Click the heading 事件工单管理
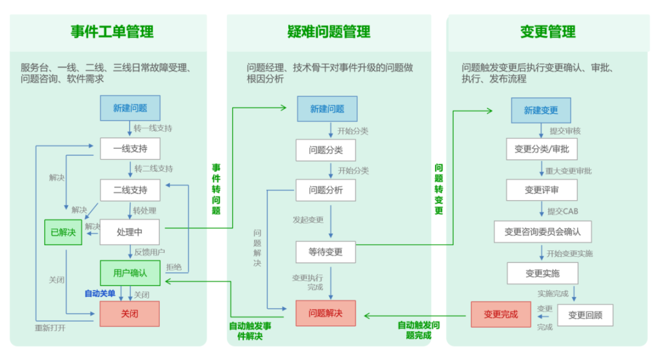(112, 31)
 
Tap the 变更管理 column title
(547, 31)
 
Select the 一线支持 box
(130, 149)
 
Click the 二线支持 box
(130, 191)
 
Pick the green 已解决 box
(63, 232)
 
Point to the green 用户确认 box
(130, 273)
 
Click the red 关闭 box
(130, 314)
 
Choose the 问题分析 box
(325, 191)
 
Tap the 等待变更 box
(325, 252)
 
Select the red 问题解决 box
(325, 313)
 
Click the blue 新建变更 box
(541, 110)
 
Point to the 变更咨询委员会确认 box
(542, 232)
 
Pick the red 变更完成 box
(500, 314)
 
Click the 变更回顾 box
(584, 315)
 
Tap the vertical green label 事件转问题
(216, 189)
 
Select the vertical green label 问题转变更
(439, 189)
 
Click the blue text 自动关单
(100, 294)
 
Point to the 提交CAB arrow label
(563, 211)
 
